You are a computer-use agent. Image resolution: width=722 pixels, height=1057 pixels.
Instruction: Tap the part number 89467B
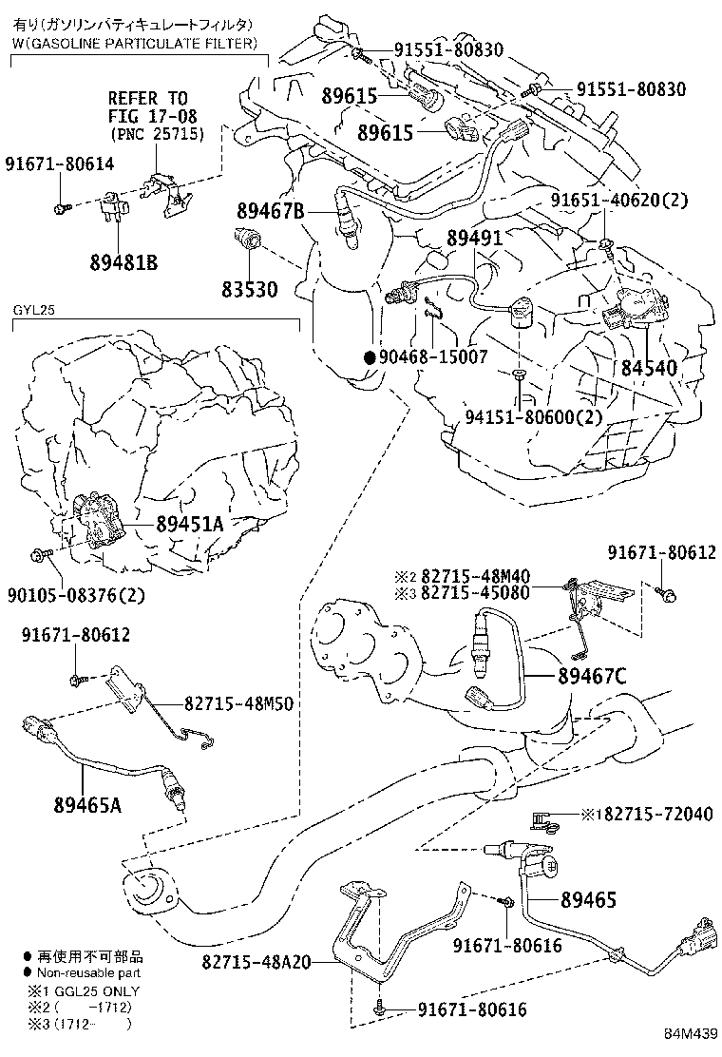pyautogui.click(x=270, y=214)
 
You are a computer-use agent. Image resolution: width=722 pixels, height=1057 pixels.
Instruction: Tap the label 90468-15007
pyautogui.click(x=433, y=357)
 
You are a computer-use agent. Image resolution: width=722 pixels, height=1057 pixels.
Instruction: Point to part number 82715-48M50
pyautogui.click(x=238, y=703)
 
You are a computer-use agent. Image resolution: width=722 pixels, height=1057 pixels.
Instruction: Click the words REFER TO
pyautogui.click(x=147, y=98)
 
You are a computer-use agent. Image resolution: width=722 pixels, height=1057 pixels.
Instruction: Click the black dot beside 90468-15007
pyautogui.click(x=369, y=357)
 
